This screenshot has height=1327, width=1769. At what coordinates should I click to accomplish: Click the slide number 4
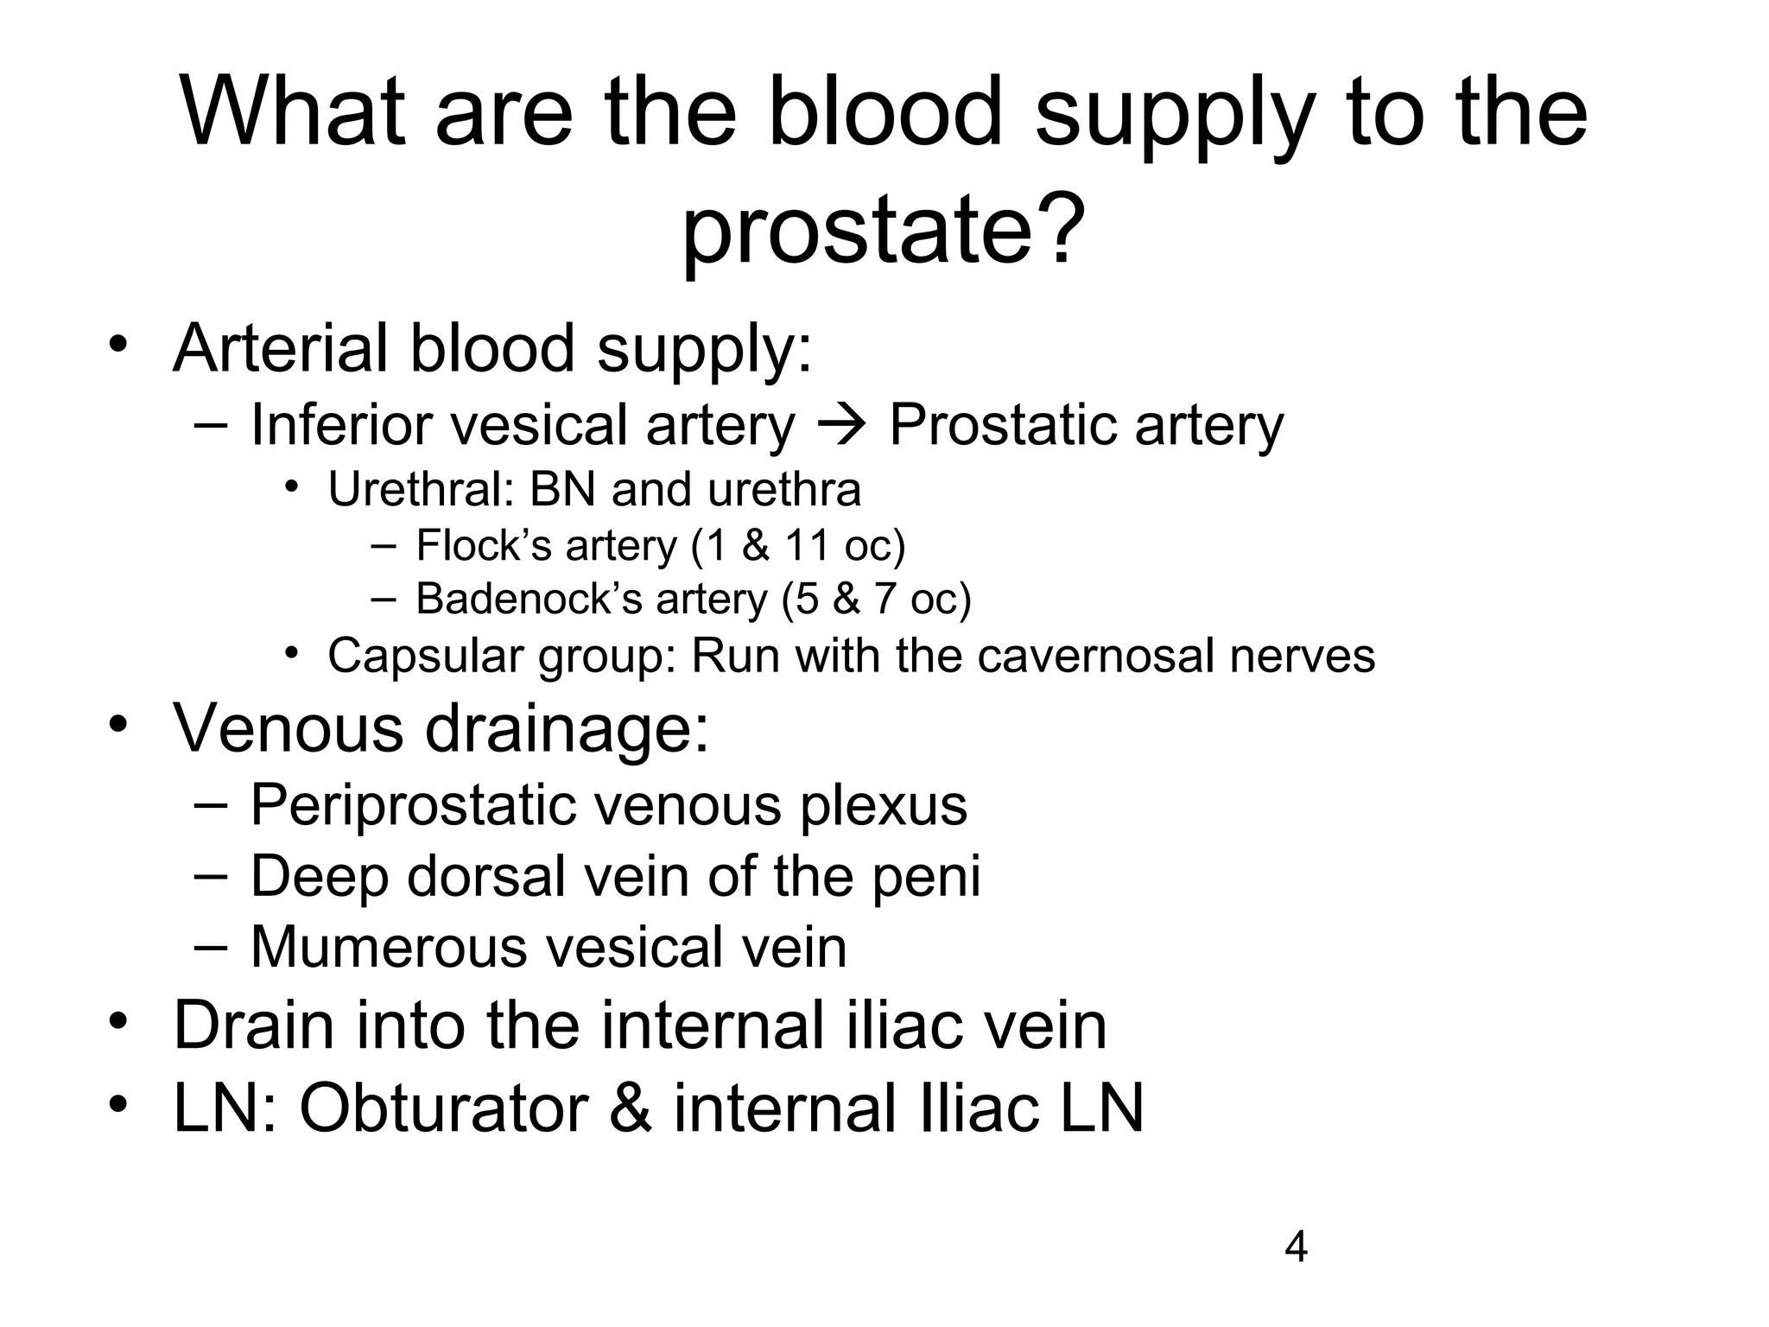pyautogui.click(x=1297, y=1248)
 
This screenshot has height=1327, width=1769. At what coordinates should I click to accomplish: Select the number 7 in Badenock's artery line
pyautogui.click(x=885, y=599)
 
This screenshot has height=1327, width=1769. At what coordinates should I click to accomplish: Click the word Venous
pyautogui.click(x=288, y=727)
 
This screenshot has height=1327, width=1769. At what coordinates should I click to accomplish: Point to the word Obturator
pyautogui.click(x=443, y=1108)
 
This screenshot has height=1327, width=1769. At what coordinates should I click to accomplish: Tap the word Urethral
pyautogui.click(x=421, y=490)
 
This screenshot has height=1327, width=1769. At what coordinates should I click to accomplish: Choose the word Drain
pyautogui.click(x=254, y=1025)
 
